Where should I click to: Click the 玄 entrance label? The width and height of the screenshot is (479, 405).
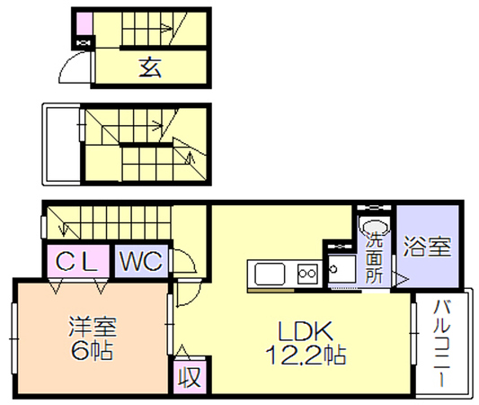[x=150, y=67]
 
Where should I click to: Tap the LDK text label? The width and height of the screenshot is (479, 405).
[x=305, y=331]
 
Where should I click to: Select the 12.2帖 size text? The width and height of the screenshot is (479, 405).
[x=306, y=355]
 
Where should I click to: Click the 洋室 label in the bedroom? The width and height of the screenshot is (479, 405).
[x=93, y=327]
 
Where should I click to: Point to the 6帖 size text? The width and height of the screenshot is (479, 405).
[x=92, y=350]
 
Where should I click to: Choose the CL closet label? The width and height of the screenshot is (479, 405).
[x=76, y=262]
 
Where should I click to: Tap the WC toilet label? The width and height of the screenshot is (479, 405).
[x=141, y=262]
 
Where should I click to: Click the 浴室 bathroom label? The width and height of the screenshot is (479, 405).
[x=427, y=247]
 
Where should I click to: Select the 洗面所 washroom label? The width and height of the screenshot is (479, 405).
[x=374, y=257]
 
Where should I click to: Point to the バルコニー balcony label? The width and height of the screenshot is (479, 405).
[x=442, y=343]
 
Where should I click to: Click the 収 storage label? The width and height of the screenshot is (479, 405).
[x=190, y=377]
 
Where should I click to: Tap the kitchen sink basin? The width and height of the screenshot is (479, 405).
[x=270, y=274]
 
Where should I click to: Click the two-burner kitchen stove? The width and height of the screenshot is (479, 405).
[x=307, y=274]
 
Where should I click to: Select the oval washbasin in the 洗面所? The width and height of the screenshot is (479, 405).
[x=374, y=227]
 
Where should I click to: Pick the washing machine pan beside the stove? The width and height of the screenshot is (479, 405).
[x=342, y=269]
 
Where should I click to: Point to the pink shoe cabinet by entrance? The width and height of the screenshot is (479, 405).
[x=84, y=23]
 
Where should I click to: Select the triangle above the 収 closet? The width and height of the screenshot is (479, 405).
[x=182, y=351]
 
